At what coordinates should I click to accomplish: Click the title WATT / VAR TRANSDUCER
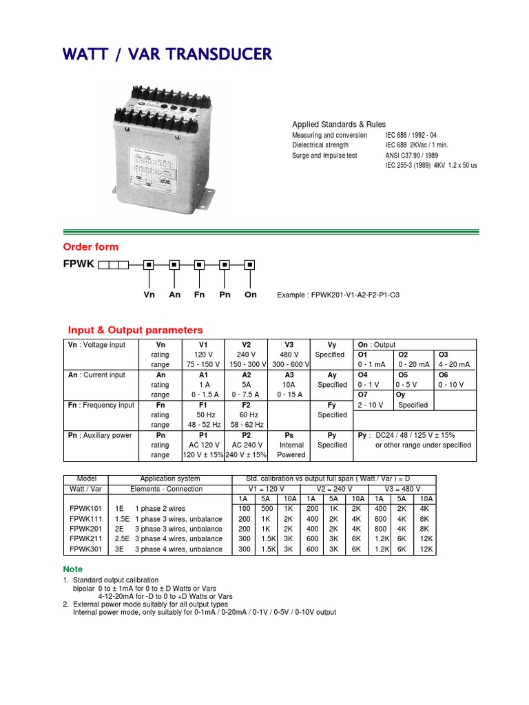(x=167, y=54)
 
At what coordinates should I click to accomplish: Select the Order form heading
(x=91, y=247)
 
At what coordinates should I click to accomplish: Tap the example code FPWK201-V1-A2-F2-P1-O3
(x=338, y=295)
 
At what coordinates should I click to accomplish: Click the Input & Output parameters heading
(x=135, y=330)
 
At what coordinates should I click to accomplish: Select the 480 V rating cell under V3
(x=289, y=355)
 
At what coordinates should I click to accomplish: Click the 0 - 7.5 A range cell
(x=246, y=394)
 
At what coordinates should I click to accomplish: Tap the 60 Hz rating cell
(x=246, y=415)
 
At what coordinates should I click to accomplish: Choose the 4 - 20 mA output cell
(x=452, y=364)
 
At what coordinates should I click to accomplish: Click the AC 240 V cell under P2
(x=246, y=445)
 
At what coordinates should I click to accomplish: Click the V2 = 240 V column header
(x=333, y=489)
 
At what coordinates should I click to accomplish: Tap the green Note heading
(x=73, y=569)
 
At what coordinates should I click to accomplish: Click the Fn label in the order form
(x=200, y=295)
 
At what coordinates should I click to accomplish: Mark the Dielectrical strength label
(x=320, y=145)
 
